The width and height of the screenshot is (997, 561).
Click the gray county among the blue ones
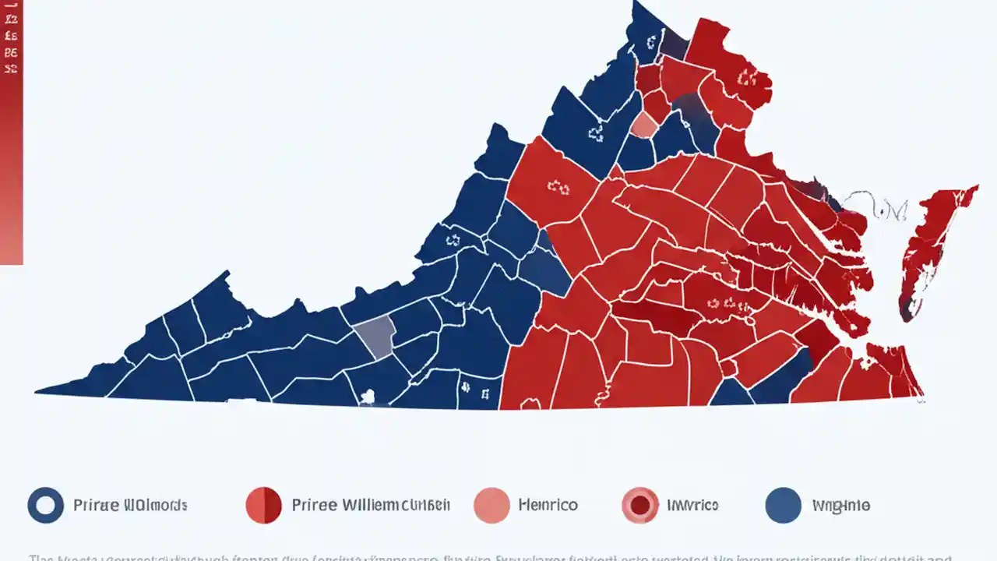375,337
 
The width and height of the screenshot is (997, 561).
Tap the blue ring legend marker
45,506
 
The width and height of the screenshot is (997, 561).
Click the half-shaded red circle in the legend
263,506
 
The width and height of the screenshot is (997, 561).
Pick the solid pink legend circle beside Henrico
491,506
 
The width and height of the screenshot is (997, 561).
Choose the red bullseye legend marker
640,506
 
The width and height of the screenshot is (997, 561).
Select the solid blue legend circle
783,506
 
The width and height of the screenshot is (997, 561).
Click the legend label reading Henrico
548,506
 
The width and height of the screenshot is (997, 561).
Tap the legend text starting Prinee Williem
371,506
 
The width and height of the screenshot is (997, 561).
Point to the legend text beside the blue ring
130,506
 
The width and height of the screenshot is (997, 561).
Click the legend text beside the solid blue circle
840,506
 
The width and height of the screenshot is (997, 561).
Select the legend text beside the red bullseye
692,506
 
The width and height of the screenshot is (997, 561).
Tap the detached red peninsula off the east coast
931,242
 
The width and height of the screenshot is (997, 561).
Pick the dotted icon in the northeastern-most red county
746,76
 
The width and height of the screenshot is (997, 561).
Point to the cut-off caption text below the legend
491,557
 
